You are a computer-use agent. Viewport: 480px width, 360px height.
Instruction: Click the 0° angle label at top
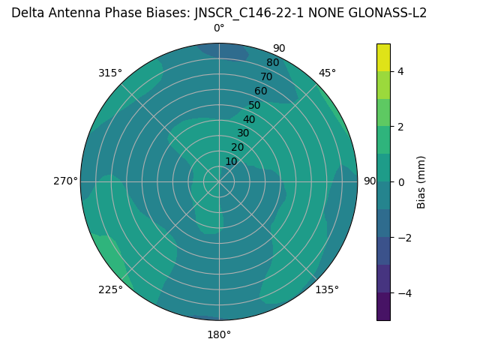click(219, 28)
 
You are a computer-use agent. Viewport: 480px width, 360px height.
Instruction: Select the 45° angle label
click(327, 73)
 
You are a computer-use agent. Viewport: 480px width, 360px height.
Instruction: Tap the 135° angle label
click(327, 289)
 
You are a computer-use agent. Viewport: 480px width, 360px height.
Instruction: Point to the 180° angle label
click(219, 334)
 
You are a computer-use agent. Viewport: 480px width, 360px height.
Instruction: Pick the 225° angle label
click(110, 289)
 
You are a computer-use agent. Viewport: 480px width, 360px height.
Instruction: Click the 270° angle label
click(65, 181)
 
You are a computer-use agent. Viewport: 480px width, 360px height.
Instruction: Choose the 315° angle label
click(110, 73)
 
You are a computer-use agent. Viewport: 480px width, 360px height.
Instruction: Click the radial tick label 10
click(231, 161)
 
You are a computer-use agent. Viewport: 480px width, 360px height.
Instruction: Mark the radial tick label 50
click(254, 105)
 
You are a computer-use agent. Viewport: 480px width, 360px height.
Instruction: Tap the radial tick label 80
click(272, 62)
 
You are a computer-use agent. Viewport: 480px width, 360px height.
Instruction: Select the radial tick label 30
click(243, 133)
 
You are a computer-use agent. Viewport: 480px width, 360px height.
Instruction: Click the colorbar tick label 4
click(400, 71)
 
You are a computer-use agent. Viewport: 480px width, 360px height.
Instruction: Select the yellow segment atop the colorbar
click(383, 57)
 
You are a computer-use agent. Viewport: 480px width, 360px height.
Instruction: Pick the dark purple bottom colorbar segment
click(383, 307)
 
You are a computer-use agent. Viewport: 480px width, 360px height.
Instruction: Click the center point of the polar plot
click(219, 181)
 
